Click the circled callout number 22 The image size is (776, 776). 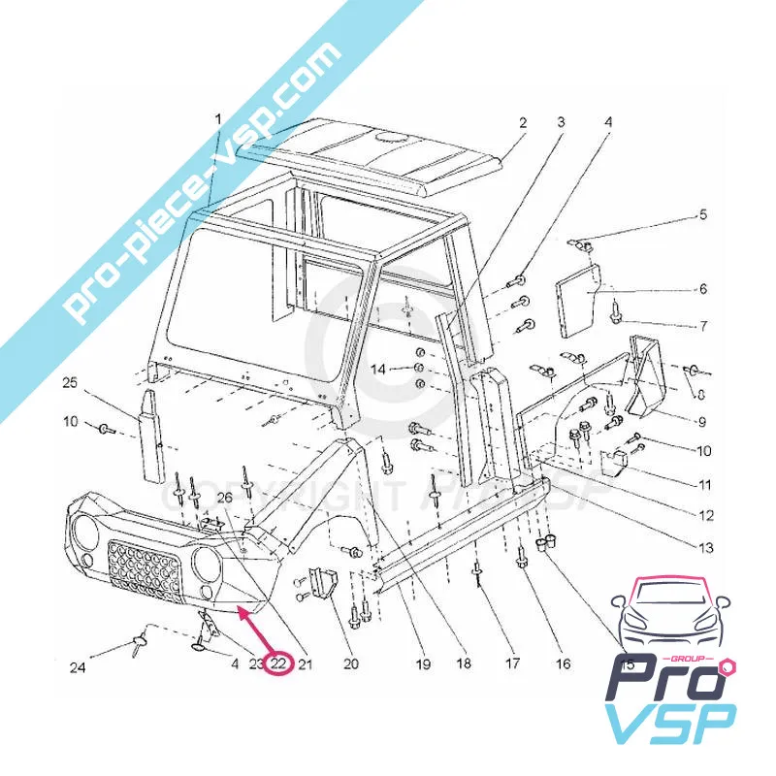click(278, 664)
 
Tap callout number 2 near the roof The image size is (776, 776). click(522, 123)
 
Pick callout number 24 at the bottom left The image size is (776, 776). click(77, 667)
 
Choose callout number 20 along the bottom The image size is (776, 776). click(351, 664)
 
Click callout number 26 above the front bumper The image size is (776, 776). click(225, 499)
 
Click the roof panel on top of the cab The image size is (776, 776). click(388, 155)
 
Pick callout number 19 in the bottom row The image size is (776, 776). click(422, 664)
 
